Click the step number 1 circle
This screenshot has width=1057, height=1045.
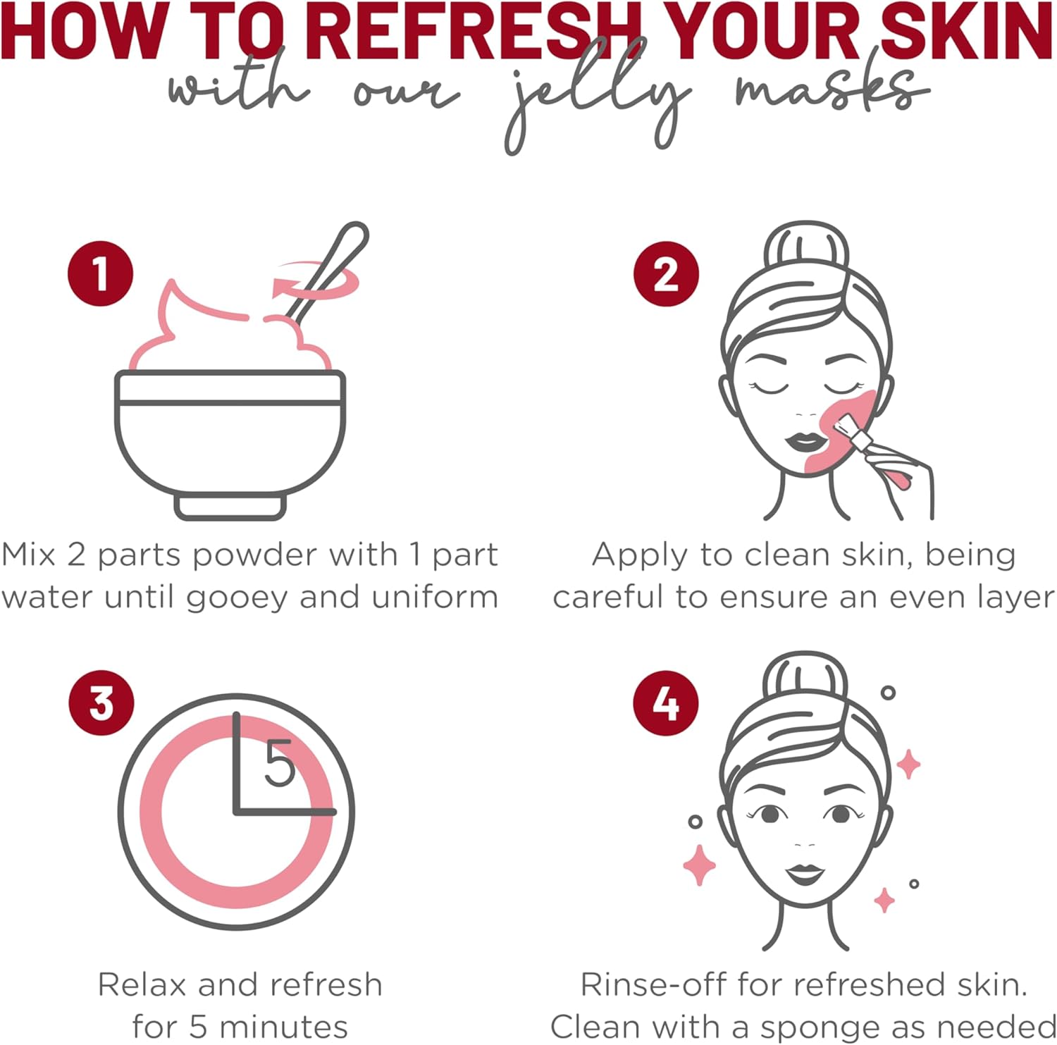tap(101, 273)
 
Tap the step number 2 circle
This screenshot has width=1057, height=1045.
tap(666, 274)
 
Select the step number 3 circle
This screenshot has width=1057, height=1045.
tap(101, 703)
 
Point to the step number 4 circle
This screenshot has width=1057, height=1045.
tap(666, 703)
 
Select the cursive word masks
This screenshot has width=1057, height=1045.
tap(832, 92)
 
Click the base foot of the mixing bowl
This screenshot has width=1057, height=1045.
tap(230, 507)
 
